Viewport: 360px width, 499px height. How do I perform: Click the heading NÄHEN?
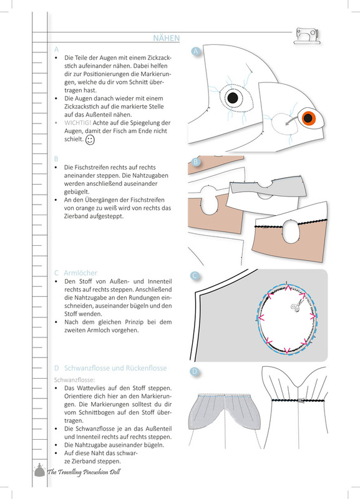(166, 38)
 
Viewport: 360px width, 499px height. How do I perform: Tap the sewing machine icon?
(306, 36)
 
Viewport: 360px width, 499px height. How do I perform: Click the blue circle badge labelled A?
(196, 51)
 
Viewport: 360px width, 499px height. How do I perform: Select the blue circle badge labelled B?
(195, 162)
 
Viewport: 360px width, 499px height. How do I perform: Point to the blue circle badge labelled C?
(195, 276)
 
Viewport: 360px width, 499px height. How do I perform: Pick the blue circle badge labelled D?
(195, 371)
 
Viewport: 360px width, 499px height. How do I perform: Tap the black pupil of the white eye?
(232, 98)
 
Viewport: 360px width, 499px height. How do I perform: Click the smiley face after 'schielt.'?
(90, 140)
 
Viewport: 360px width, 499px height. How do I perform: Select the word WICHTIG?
(77, 123)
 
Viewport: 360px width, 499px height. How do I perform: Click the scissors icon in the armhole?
(298, 305)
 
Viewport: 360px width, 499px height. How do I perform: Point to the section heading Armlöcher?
(80, 273)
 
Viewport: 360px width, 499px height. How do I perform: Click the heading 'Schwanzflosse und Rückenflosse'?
(115, 368)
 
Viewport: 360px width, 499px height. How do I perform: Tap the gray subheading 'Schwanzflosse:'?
(74, 380)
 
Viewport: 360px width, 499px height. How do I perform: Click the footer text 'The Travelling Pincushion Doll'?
(84, 472)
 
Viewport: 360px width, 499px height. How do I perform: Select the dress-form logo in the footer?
(39, 470)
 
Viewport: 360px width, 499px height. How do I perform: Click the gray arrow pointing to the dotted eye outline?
(293, 120)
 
